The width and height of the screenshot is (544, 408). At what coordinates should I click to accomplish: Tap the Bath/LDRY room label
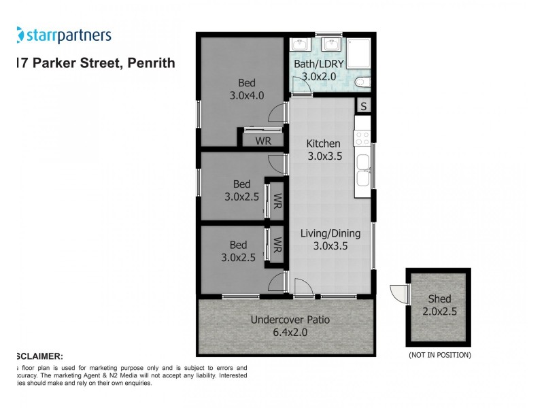(315, 65)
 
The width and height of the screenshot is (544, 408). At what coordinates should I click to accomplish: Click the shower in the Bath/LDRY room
(358, 53)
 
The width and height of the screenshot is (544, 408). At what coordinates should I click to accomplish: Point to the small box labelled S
(364, 106)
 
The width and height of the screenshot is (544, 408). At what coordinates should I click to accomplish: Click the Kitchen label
(323, 143)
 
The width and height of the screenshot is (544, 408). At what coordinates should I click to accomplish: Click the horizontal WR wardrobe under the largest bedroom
(264, 141)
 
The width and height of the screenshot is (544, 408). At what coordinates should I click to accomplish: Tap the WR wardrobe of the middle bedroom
(277, 201)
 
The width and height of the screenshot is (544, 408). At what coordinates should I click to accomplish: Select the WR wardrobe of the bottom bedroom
(277, 244)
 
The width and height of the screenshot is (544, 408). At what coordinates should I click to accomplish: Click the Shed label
(439, 299)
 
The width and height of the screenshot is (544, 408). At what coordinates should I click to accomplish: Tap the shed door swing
(398, 292)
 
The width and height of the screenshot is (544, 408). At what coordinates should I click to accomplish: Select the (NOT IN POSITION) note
(439, 355)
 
